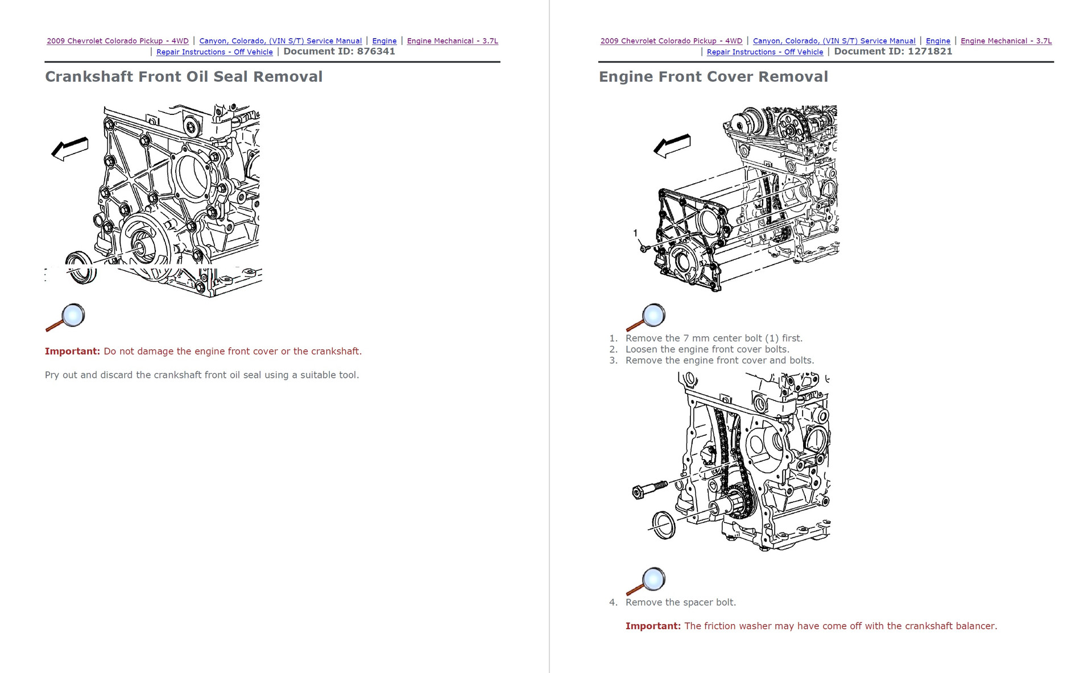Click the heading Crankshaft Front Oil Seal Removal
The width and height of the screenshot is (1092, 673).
(x=183, y=77)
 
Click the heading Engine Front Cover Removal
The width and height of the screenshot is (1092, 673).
(x=713, y=77)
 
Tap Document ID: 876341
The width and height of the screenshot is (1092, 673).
(x=339, y=51)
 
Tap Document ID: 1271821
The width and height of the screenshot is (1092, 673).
(x=893, y=51)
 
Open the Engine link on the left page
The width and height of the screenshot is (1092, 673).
(x=384, y=41)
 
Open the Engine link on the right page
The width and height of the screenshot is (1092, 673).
(x=938, y=41)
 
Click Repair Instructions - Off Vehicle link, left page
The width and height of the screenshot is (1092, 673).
(x=214, y=52)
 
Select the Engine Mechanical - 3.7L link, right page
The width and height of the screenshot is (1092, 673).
(x=1006, y=41)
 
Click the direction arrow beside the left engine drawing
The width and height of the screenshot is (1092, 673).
(x=70, y=149)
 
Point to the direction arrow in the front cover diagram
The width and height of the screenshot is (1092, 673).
(x=672, y=146)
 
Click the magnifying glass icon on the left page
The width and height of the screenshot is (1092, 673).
(x=66, y=317)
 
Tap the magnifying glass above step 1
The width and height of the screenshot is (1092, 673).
(x=646, y=317)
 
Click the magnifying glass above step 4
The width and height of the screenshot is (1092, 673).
(x=646, y=581)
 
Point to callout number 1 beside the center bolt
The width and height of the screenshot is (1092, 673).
(x=635, y=233)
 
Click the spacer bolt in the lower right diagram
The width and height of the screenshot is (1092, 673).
(x=648, y=489)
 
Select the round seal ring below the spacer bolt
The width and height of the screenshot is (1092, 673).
(x=663, y=525)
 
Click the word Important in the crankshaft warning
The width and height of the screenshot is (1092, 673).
(x=72, y=352)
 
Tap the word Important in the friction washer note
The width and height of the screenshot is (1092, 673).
(x=653, y=626)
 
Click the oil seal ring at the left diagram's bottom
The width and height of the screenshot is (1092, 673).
(x=81, y=267)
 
